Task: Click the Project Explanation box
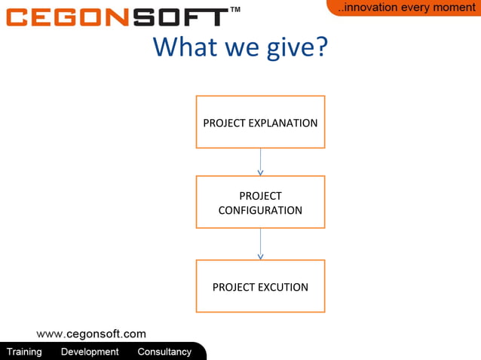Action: [260, 122]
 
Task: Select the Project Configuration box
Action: [260, 202]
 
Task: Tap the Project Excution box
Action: [260, 286]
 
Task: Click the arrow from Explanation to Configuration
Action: [260, 162]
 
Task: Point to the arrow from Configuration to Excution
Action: [260, 244]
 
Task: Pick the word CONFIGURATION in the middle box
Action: [260, 211]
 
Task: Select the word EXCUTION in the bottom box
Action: [282, 287]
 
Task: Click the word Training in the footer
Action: [24, 352]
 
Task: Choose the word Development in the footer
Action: [90, 352]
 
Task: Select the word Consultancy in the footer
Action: [164, 352]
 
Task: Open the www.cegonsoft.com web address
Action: [91, 334]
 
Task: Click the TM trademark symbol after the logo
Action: [235, 10]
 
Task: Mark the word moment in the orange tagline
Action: [453, 8]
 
